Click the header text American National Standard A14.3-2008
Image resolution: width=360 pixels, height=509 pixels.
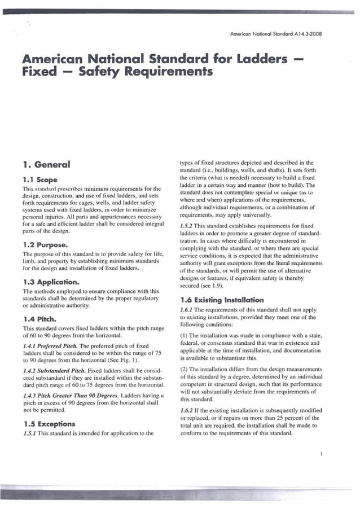[275, 34]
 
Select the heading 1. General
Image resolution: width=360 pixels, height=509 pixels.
[46, 164]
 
